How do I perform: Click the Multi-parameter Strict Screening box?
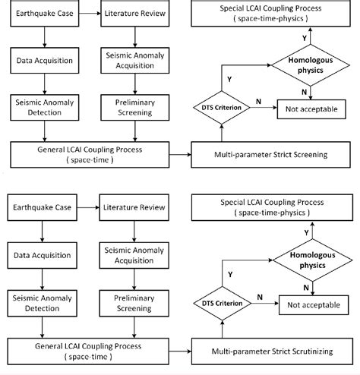coord(270,154)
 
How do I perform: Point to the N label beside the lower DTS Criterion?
coord(260,298)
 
